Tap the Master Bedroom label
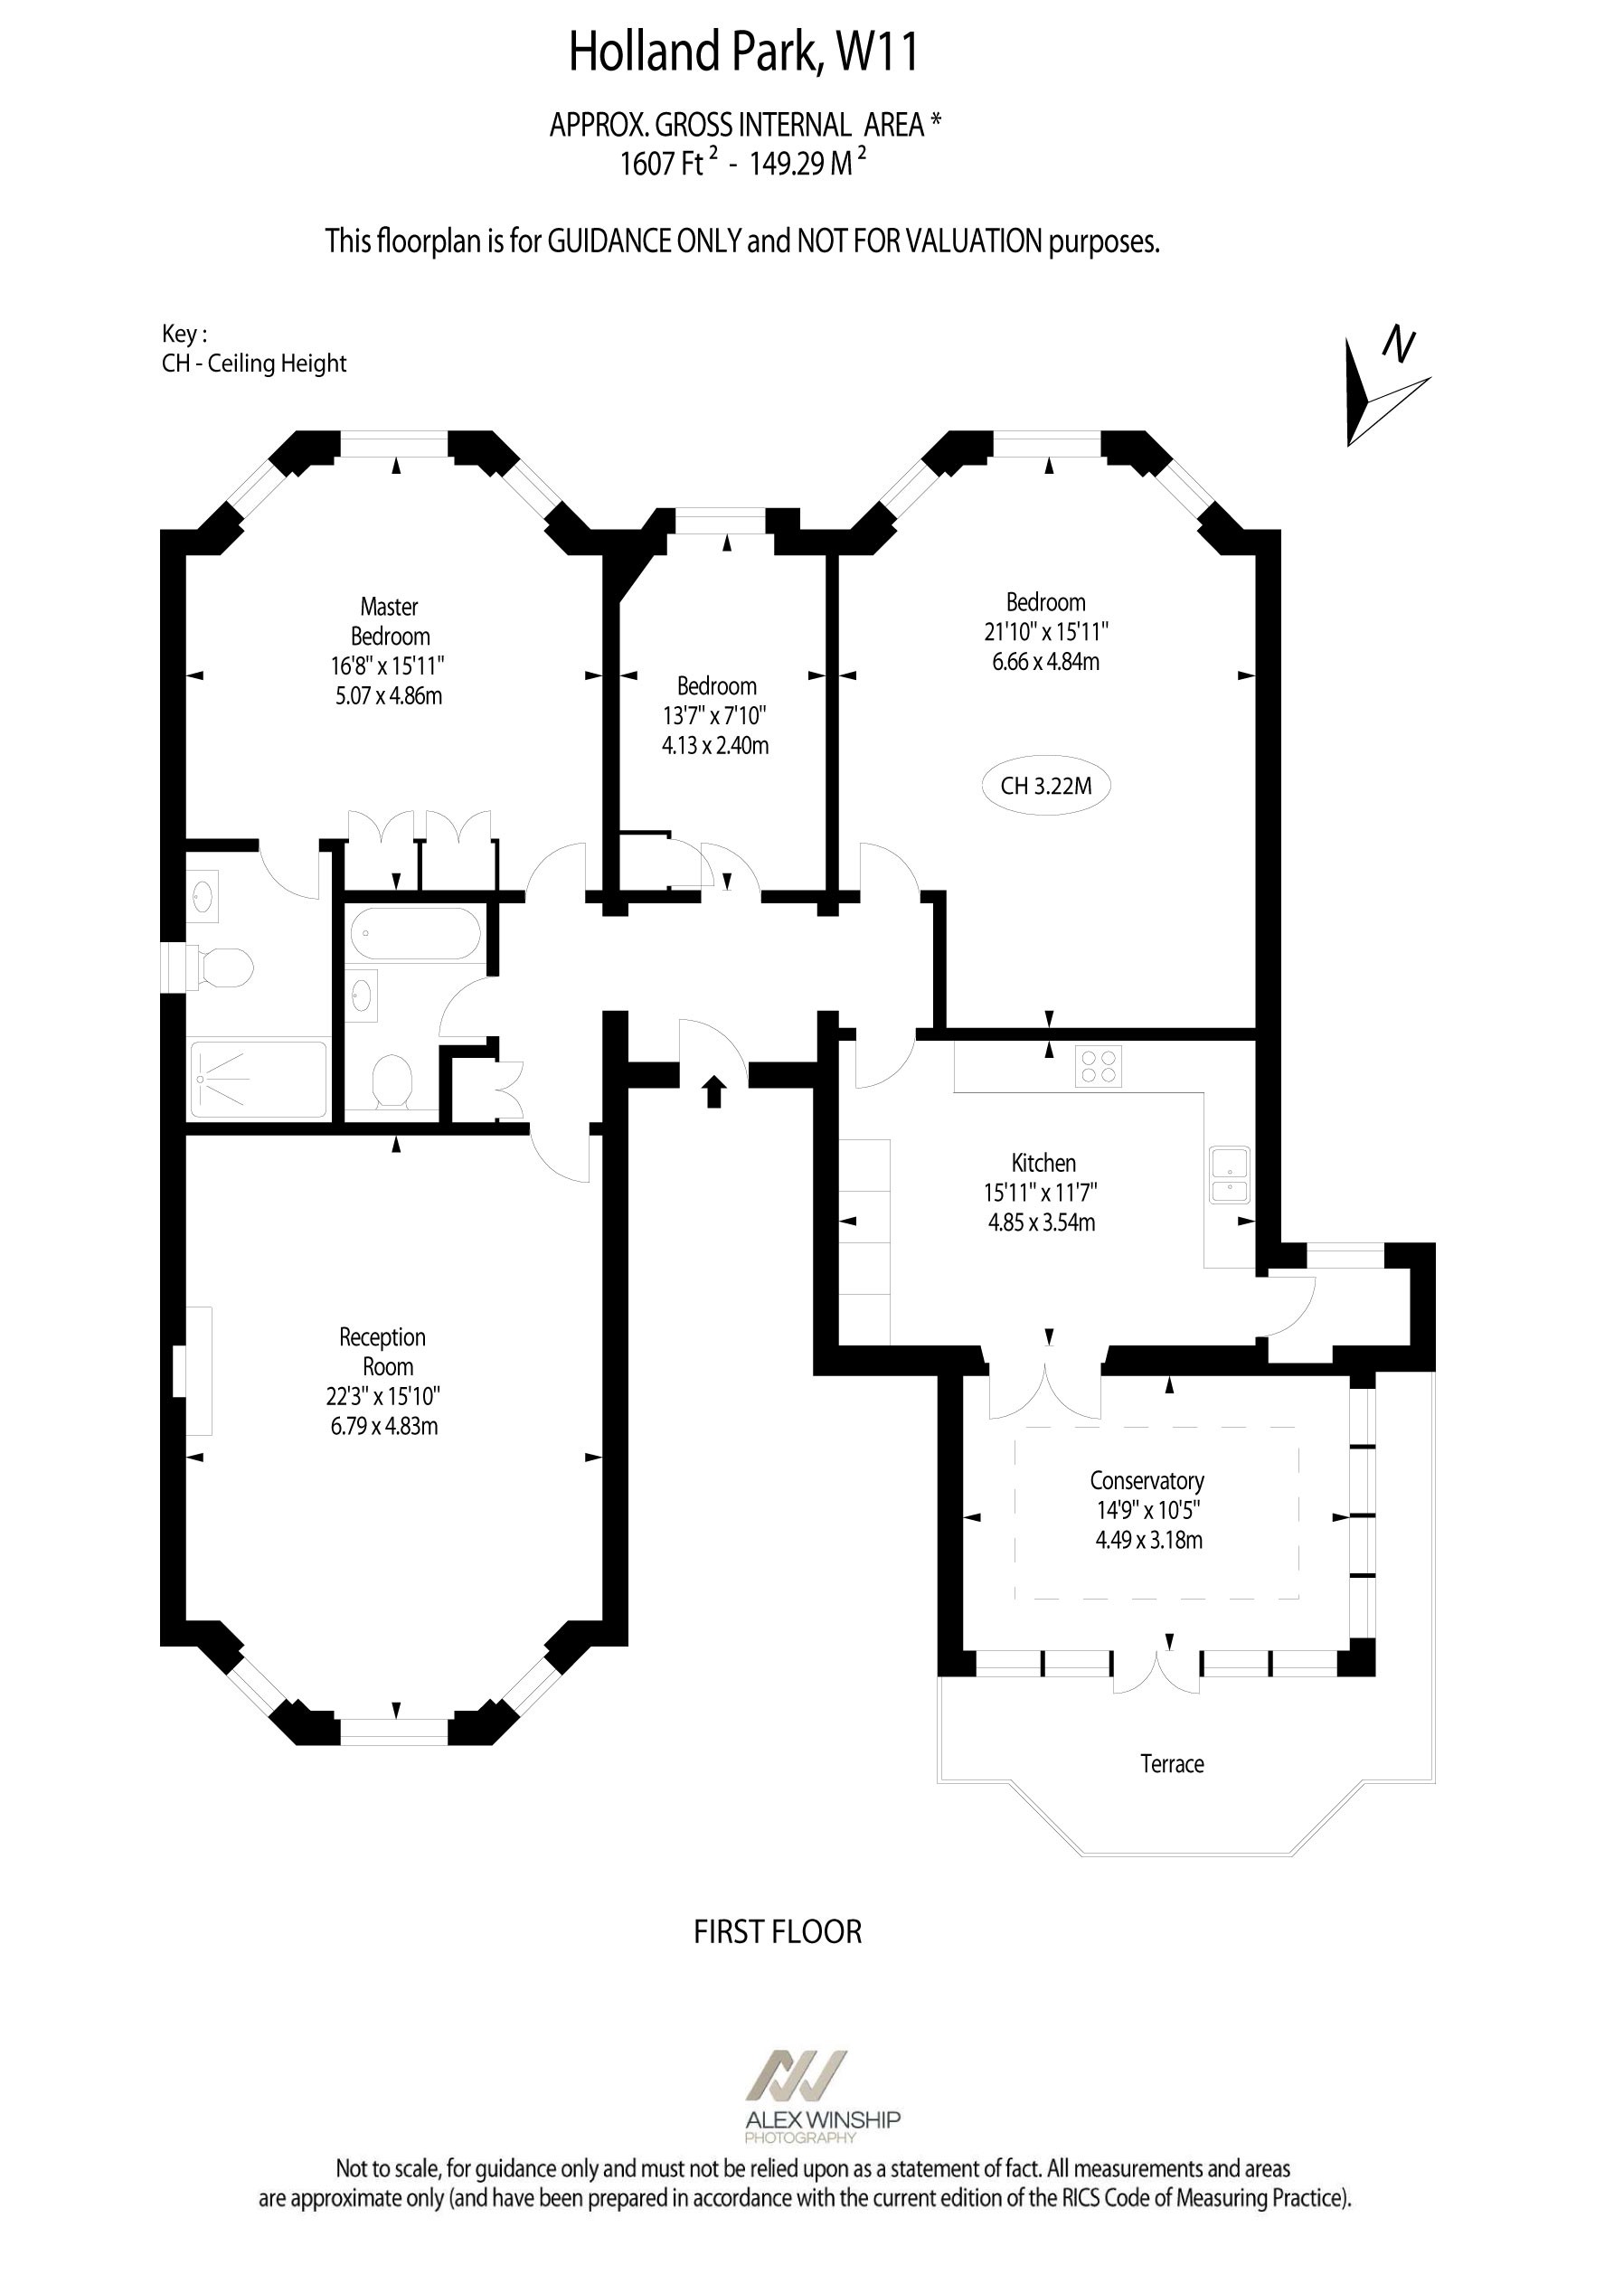[x=389, y=622]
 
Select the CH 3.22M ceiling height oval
[x=1046, y=786]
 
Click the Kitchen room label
[x=1043, y=1162]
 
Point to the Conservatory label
[x=1147, y=1480]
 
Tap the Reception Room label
[x=383, y=1352]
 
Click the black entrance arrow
[x=713, y=1091]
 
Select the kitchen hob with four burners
[x=1098, y=1065]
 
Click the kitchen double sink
[x=1230, y=1175]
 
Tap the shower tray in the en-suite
[x=259, y=1080]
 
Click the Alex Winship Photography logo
[x=822, y=2096]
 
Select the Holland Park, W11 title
[x=743, y=52]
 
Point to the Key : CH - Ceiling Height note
[x=254, y=348]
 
